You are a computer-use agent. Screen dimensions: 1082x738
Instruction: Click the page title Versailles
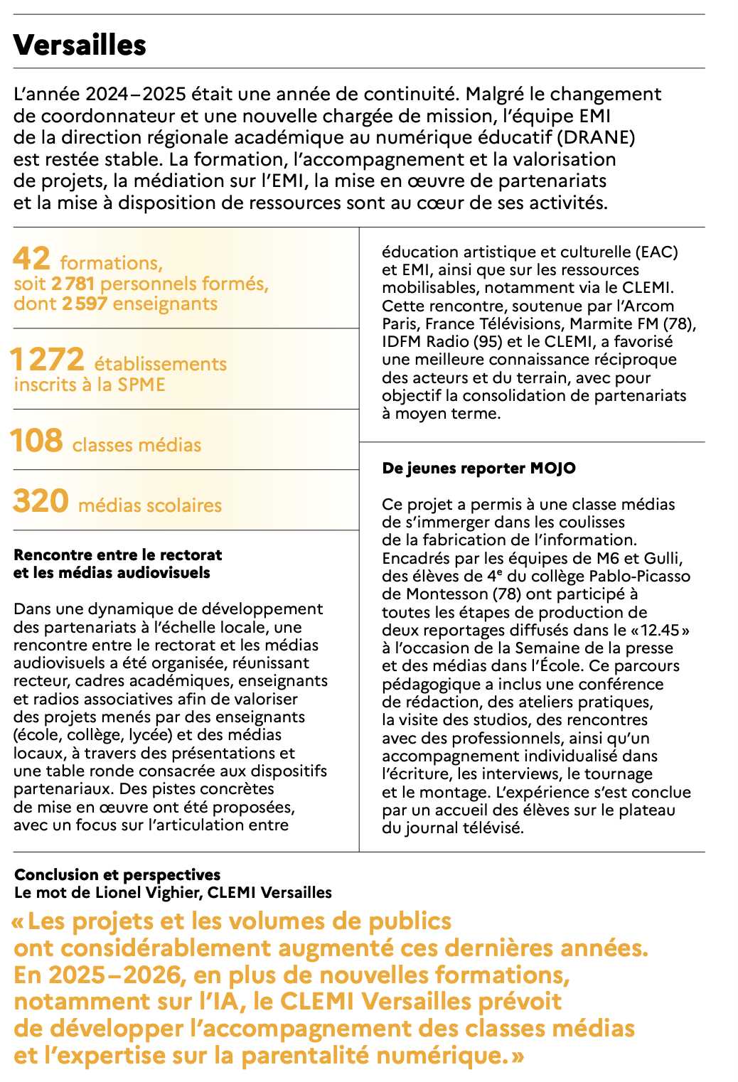(80, 45)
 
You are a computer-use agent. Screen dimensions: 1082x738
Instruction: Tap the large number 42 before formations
(31, 259)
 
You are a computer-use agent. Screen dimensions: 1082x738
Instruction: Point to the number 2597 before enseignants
(85, 304)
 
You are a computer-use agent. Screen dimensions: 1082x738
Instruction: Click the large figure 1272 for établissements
(47, 360)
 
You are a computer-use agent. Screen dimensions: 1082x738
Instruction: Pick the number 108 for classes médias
(36, 441)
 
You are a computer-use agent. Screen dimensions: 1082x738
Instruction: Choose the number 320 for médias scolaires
(41, 501)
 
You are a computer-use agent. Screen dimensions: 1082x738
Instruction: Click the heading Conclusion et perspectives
(117, 874)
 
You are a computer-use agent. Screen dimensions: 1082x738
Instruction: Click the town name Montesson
(439, 594)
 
